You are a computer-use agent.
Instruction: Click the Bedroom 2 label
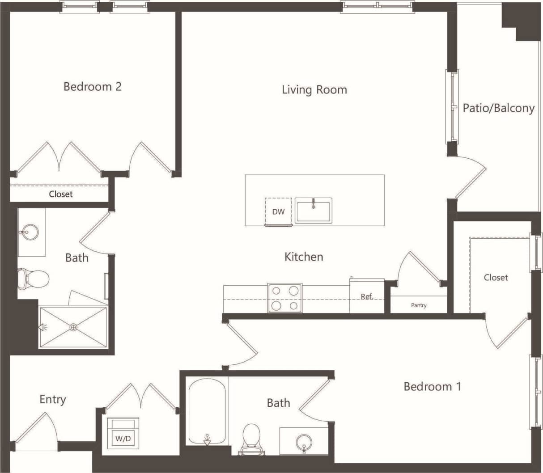point(92,86)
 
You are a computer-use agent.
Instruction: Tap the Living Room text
point(314,89)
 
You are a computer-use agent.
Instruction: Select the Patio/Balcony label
point(498,108)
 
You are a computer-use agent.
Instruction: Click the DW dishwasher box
point(278,211)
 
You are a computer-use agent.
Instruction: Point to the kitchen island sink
point(314,210)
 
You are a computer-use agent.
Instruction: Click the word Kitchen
point(304,257)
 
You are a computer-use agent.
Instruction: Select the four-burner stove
point(284,298)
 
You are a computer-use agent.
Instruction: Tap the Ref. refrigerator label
point(367,296)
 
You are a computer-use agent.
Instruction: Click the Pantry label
point(419,305)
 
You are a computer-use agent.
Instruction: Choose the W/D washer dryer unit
point(123,434)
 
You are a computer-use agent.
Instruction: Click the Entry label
point(53,399)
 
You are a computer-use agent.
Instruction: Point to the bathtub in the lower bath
point(207,412)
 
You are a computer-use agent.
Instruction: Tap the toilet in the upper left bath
point(34,279)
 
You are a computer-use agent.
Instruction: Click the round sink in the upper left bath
point(29,232)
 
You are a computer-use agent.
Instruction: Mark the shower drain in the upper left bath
point(73,327)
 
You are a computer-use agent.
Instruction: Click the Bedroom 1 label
point(432,386)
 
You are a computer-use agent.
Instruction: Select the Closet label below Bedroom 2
point(60,194)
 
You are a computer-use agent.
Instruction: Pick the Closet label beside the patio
point(496,278)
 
